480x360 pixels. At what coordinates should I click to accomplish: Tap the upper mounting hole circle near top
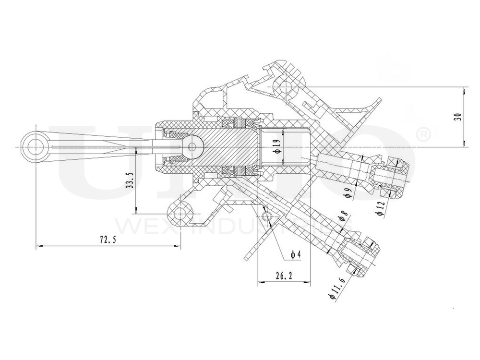[285, 87]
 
